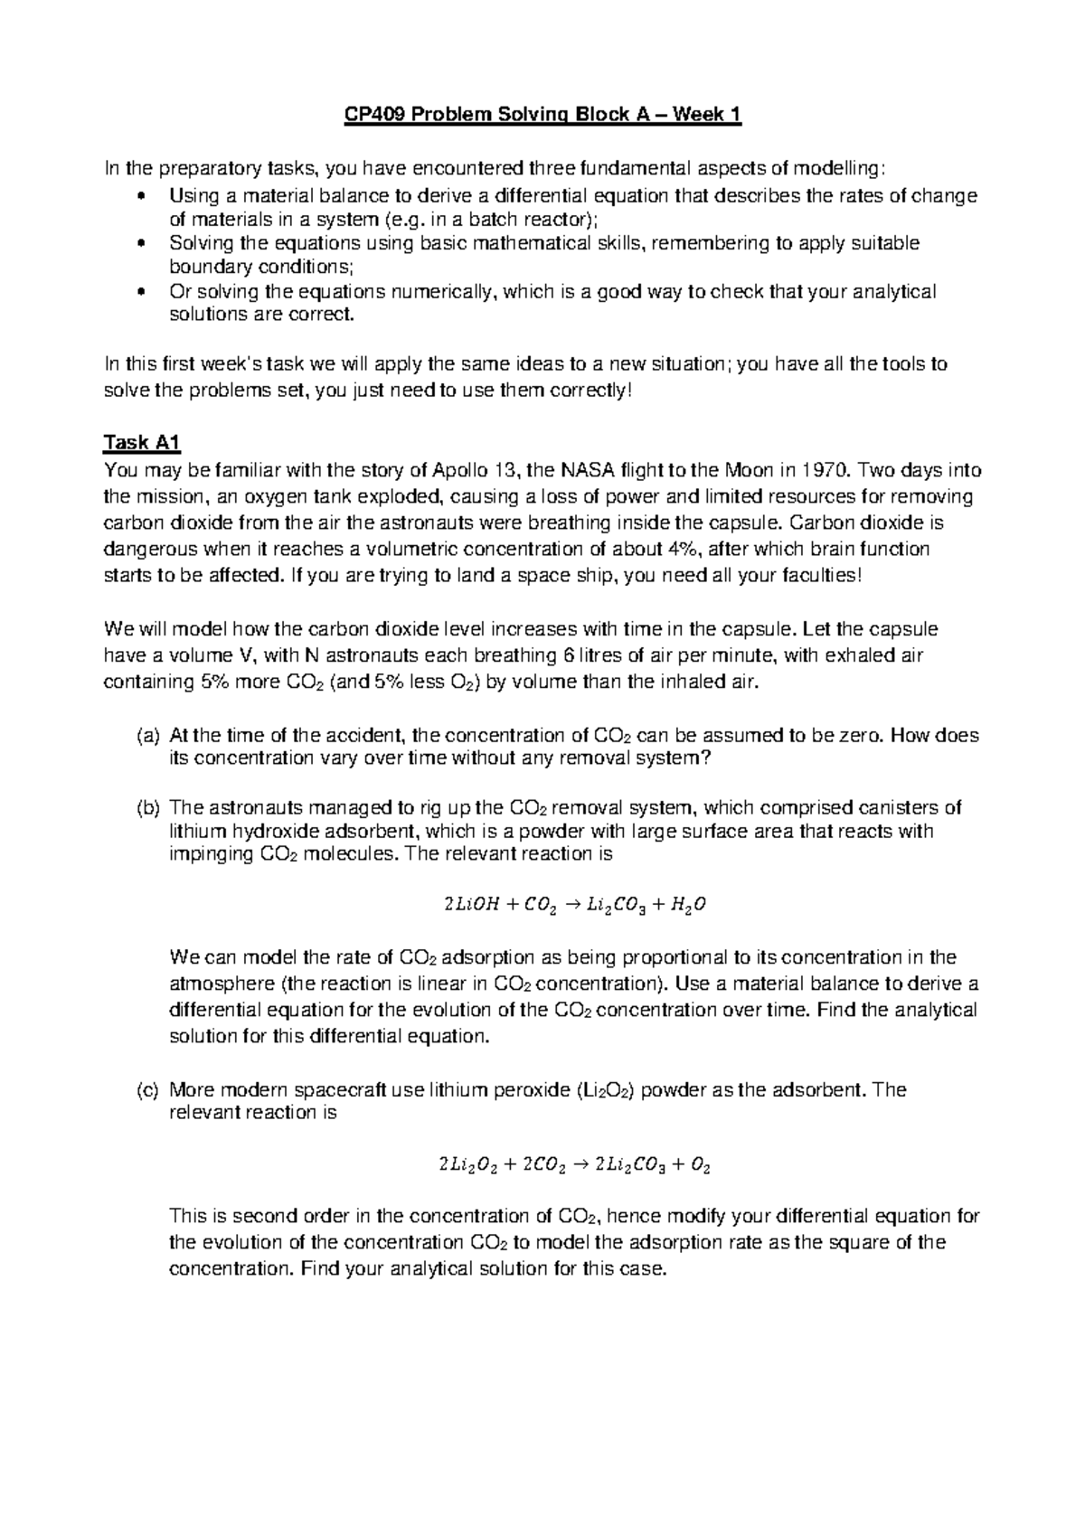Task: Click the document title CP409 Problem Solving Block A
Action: pos(542,115)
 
